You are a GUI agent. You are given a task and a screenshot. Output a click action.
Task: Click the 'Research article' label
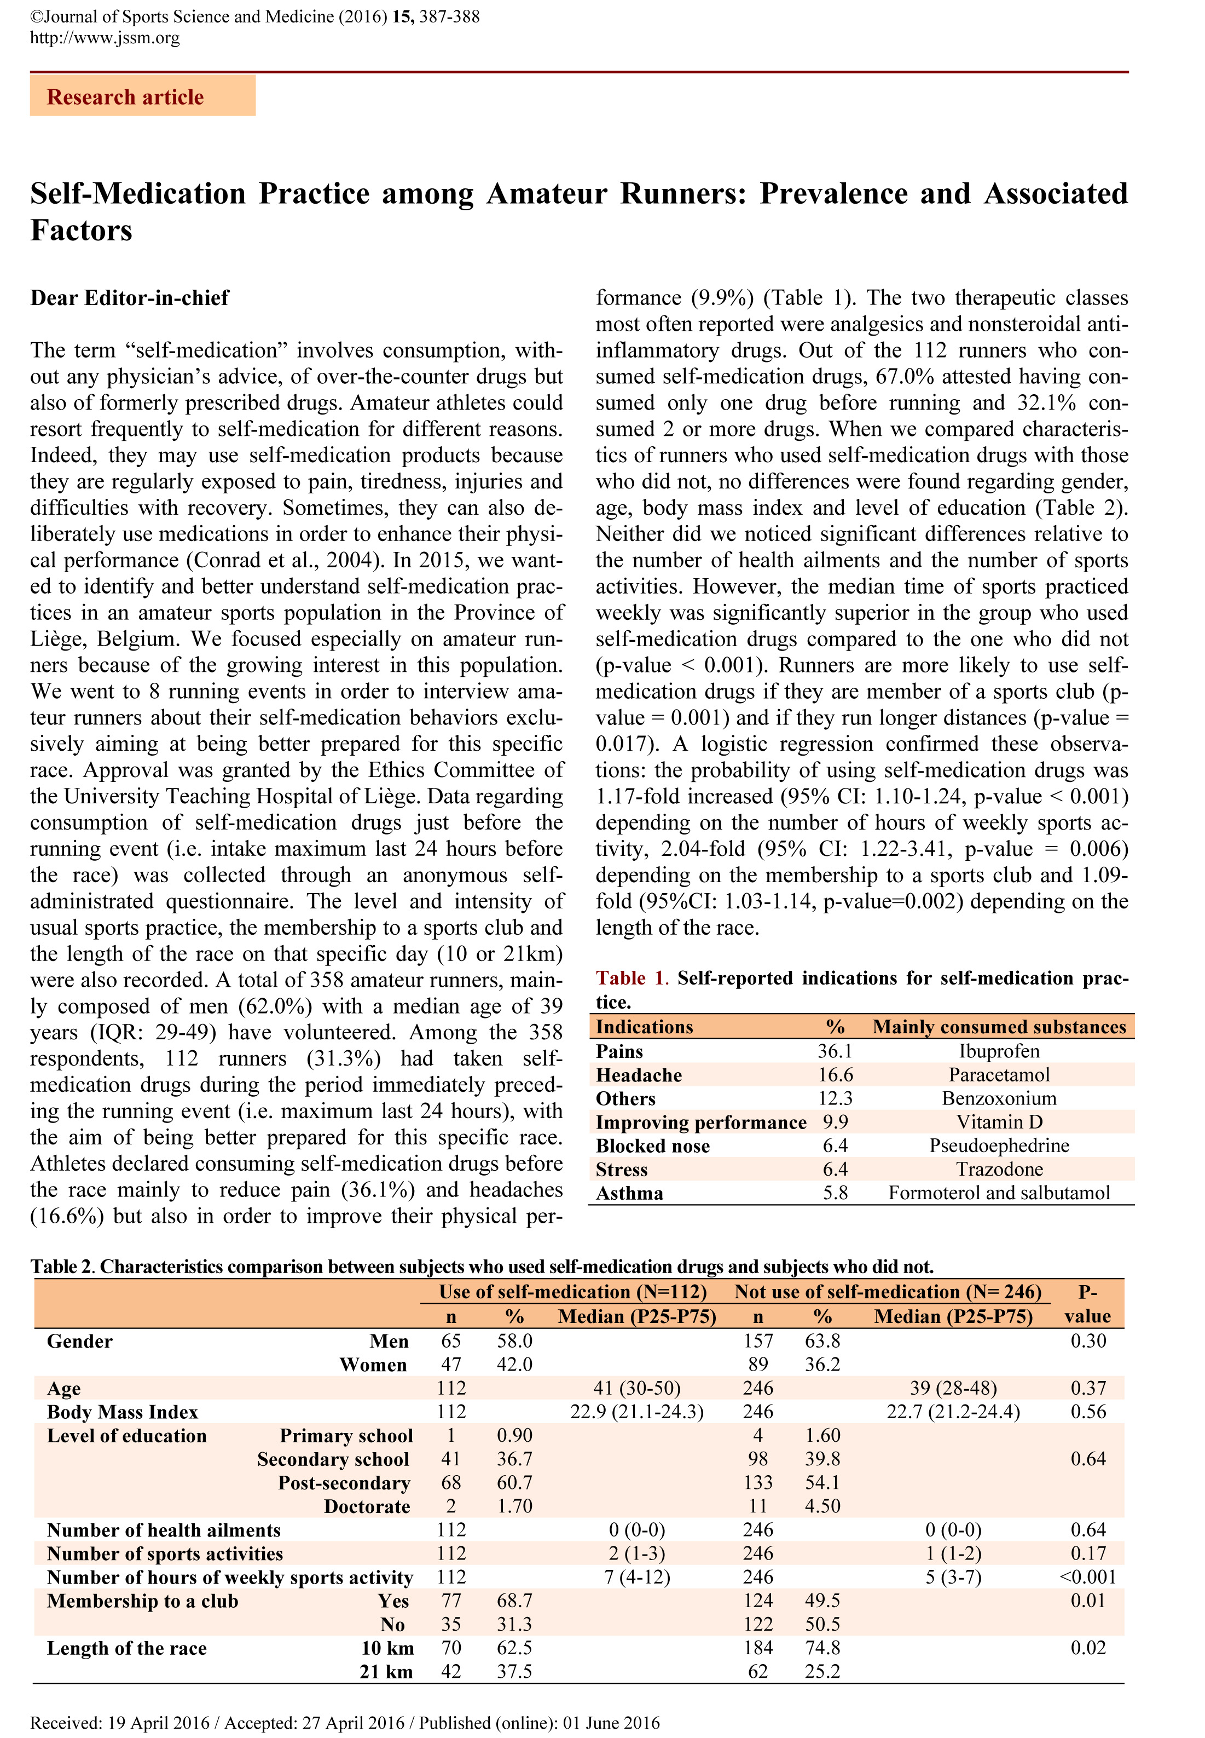pyautogui.click(x=125, y=97)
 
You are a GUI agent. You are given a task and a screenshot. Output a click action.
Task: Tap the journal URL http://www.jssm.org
pyautogui.click(x=105, y=38)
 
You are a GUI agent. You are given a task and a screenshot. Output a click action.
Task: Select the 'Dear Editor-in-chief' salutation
pyautogui.click(x=129, y=298)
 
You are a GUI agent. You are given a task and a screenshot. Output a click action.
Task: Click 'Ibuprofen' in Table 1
pyautogui.click(x=998, y=1051)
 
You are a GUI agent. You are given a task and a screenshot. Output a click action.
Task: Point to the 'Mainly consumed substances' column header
pyautogui.click(x=999, y=1027)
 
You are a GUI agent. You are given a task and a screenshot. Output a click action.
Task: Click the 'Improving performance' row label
pyautogui.click(x=700, y=1123)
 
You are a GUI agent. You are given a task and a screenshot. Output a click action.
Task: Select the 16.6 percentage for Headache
pyautogui.click(x=835, y=1075)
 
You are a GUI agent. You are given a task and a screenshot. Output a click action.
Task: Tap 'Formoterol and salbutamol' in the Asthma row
pyautogui.click(x=999, y=1193)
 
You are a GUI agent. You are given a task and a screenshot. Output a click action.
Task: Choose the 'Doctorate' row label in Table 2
pyautogui.click(x=367, y=1507)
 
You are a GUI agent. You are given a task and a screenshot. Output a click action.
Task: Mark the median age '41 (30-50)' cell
pyautogui.click(x=636, y=1388)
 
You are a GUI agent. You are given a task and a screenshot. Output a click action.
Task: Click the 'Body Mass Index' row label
pyautogui.click(x=123, y=1412)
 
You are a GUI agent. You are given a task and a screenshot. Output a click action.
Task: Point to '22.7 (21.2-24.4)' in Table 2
pyautogui.click(x=953, y=1412)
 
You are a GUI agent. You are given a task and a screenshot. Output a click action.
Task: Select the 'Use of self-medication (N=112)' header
pyautogui.click(x=572, y=1292)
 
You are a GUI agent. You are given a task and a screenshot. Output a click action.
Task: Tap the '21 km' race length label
pyautogui.click(x=386, y=1672)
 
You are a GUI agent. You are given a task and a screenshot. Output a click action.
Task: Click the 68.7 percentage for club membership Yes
pyautogui.click(x=515, y=1601)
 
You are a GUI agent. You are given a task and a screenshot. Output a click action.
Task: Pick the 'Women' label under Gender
pyautogui.click(x=373, y=1365)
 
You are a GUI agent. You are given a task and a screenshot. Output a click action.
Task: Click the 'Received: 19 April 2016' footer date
pyautogui.click(x=120, y=1702)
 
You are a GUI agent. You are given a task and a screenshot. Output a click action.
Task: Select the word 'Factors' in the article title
pyautogui.click(x=82, y=231)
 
